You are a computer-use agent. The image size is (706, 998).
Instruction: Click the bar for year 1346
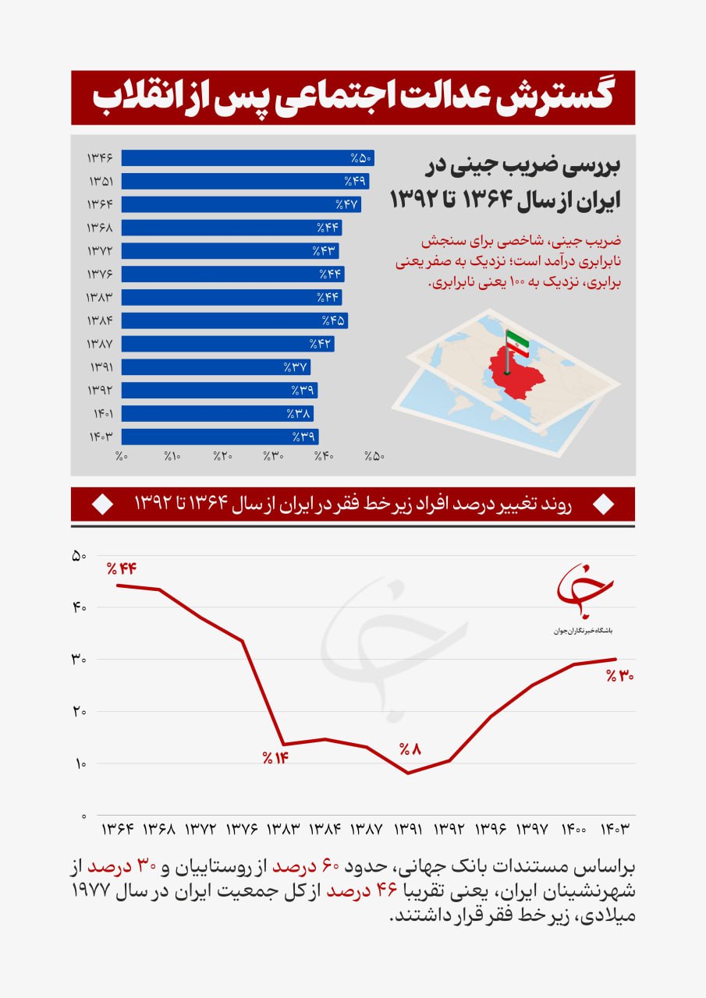point(248,158)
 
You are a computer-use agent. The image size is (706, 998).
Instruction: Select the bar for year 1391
point(215,367)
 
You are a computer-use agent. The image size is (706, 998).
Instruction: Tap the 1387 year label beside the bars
point(101,344)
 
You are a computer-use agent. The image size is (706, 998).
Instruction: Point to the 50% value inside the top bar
point(362,158)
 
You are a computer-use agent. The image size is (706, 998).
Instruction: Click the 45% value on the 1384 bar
point(333,320)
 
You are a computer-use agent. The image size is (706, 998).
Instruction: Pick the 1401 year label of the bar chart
point(101,413)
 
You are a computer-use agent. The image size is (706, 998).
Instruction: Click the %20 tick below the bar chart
point(223,456)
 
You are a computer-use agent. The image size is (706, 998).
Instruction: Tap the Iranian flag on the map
point(516,342)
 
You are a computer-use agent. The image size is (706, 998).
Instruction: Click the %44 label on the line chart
point(122,568)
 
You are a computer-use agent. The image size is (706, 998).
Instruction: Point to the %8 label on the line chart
point(410,749)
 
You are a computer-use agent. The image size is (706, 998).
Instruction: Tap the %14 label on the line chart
point(275,757)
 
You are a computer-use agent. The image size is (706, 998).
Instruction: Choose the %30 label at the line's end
point(619,676)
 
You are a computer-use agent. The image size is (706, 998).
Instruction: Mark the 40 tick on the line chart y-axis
point(79,607)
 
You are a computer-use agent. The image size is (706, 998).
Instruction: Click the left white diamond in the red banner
point(102,505)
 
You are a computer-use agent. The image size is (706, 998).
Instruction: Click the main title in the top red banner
point(353,97)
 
